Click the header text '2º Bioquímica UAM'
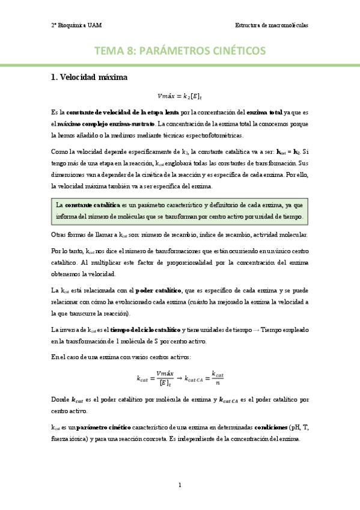75,26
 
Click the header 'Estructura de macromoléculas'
272,26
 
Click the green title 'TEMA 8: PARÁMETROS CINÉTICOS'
180,52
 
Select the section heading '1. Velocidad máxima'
89,77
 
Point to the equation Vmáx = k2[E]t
180,96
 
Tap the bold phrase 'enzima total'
267,112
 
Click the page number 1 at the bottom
180,485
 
